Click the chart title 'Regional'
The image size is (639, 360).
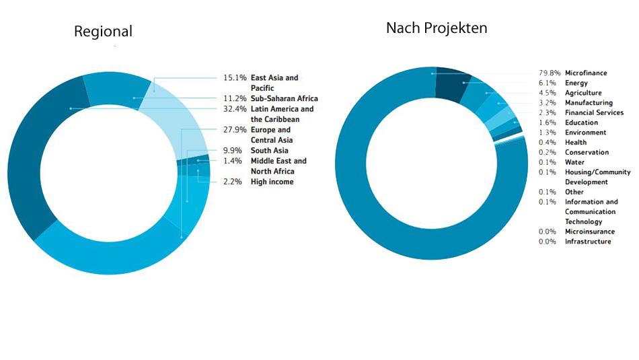[103, 32]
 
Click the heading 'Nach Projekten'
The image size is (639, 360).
[436, 28]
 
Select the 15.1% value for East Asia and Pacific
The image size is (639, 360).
[234, 78]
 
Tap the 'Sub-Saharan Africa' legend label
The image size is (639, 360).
[284, 99]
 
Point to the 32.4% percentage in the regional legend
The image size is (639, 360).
[234, 109]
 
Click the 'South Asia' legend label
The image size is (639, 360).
[269, 151]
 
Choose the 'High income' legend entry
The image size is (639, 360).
[272, 182]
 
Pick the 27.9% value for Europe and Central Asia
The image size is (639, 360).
[234, 130]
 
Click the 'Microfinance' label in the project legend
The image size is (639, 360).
[585, 73]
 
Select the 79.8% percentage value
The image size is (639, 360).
[550, 73]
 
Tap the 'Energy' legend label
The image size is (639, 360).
[576, 83]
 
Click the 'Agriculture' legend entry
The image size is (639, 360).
[583, 93]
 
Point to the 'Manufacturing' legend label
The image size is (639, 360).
[589, 103]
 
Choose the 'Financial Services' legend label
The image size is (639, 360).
[594, 113]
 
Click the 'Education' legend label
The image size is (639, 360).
[581, 123]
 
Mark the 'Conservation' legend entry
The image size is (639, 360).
[587, 153]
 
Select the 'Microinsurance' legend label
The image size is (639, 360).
[589, 231]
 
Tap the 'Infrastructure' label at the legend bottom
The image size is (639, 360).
[588, 242]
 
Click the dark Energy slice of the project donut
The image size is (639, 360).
[451, 84]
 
